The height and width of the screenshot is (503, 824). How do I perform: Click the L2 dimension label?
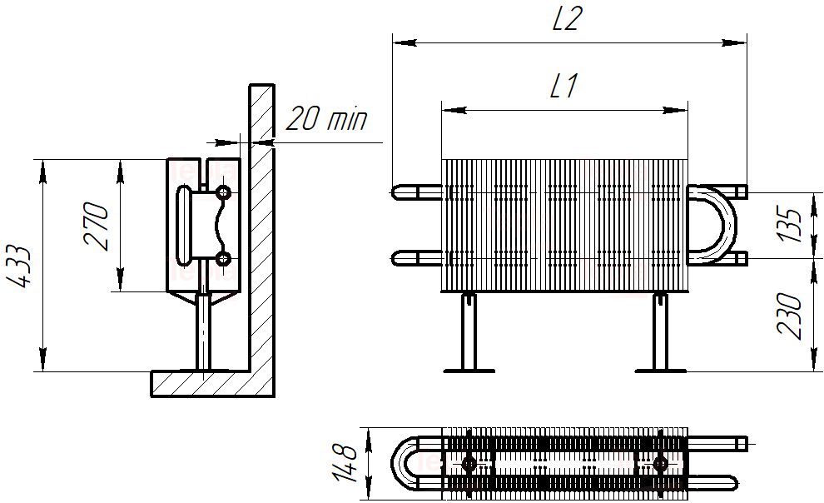pyautogui.click(x=568, y=19)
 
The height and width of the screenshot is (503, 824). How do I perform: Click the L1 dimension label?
pyautogui.click(x=564, y=86)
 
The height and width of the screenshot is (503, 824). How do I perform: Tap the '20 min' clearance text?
pyautogui.click(x=326, y=118)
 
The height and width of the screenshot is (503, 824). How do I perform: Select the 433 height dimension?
pyautogui.click(x=19, y=266)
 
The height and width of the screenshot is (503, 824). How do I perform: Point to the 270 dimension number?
pyautogui.click(x=97, y=226)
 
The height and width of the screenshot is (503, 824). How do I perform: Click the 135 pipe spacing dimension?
pyautogui.click(x=789, y=226)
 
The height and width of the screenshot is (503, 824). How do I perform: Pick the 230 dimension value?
pyautogui.click(x=789, y=316)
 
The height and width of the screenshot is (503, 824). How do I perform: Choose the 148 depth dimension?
pyautogui.click(x=345, y=463)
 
